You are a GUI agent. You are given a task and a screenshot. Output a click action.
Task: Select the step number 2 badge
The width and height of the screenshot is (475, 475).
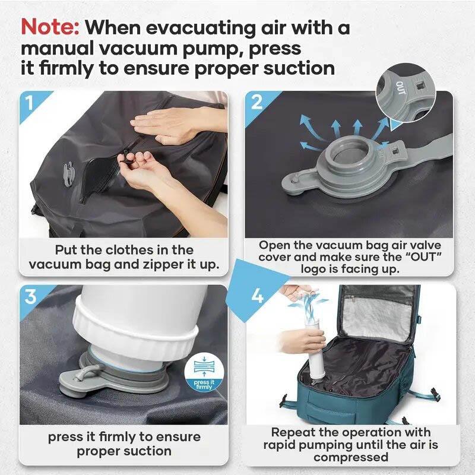click(x=256, y=102)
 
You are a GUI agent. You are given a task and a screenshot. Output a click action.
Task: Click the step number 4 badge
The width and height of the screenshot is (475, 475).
click(x=257, y=295)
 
